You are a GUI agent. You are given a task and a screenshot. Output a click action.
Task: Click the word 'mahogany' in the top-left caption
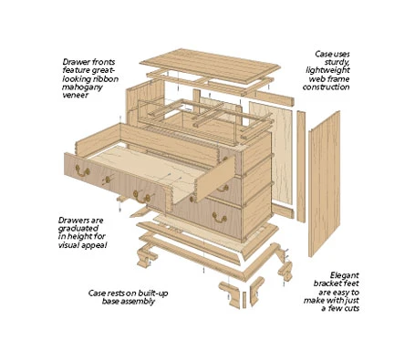82,87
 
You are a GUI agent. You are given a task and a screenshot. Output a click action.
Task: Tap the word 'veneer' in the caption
75,95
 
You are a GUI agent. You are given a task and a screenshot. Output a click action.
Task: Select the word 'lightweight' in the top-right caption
327,70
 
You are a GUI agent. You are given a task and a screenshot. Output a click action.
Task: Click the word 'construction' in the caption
326,87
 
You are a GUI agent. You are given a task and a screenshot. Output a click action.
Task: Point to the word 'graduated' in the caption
78,229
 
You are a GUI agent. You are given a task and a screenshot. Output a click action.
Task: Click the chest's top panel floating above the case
210,65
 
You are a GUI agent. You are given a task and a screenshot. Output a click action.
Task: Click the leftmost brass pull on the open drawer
82,170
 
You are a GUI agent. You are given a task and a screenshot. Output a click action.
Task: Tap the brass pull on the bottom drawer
219,217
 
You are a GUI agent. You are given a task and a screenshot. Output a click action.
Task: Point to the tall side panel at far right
324,184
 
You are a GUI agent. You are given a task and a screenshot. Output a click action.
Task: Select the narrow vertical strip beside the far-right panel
301,167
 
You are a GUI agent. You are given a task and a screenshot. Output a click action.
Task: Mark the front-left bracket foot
146,258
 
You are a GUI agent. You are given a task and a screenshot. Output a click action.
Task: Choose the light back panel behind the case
271,152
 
